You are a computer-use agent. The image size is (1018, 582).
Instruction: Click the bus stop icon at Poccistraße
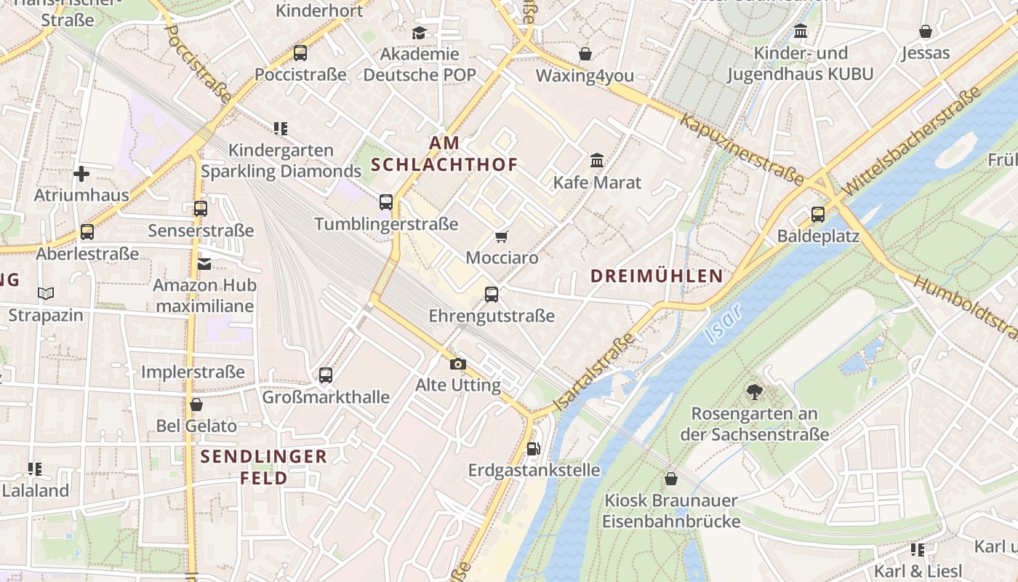pyautogui.click(x=300, y=53)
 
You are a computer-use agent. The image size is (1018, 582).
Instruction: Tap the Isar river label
pyautogui.click(x=723, y=323)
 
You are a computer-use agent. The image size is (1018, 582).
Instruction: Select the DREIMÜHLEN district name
pyautogui.click(x=657, y=276)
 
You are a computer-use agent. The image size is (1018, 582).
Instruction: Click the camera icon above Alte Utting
pyautogui.click(x=457, y=364)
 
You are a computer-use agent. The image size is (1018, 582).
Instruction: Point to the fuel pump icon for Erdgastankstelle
pyautogui.click(x=533, y=449)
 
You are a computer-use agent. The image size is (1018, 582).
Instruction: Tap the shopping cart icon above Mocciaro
pyautogui.click(x=501, y=236)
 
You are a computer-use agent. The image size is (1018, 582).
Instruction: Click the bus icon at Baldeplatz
pyautogui.click(x=818, y=215)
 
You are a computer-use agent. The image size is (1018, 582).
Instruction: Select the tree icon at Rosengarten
pyautogui.click(x=754, y=392)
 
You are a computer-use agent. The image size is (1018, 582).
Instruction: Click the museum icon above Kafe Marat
pyautogui.click(x=597, y=160)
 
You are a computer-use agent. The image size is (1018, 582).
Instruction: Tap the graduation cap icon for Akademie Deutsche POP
pyautogui.click(x=419, y=33)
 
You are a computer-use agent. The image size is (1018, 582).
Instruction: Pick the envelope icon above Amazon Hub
pyautogui.click(x=204, y=263)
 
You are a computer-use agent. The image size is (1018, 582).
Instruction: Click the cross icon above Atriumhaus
pyautogui.click(x=81, y=174)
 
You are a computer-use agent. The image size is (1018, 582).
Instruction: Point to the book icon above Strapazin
pyautogui.click(x=46, y=294)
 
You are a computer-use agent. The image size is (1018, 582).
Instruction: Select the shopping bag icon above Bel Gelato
pyautogui.click(x=196, y=404)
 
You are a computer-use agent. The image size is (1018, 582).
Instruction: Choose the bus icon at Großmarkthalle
pyautogui.click(x=326, y=375)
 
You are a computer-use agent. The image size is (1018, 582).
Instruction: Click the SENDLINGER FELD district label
pyautogui.click(x=263, y=467)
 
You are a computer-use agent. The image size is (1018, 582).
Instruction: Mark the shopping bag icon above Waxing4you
pyautogui.click(x=585, y=54)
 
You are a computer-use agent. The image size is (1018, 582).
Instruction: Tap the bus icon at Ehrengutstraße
pyautogui.click(x=492, y=295)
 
